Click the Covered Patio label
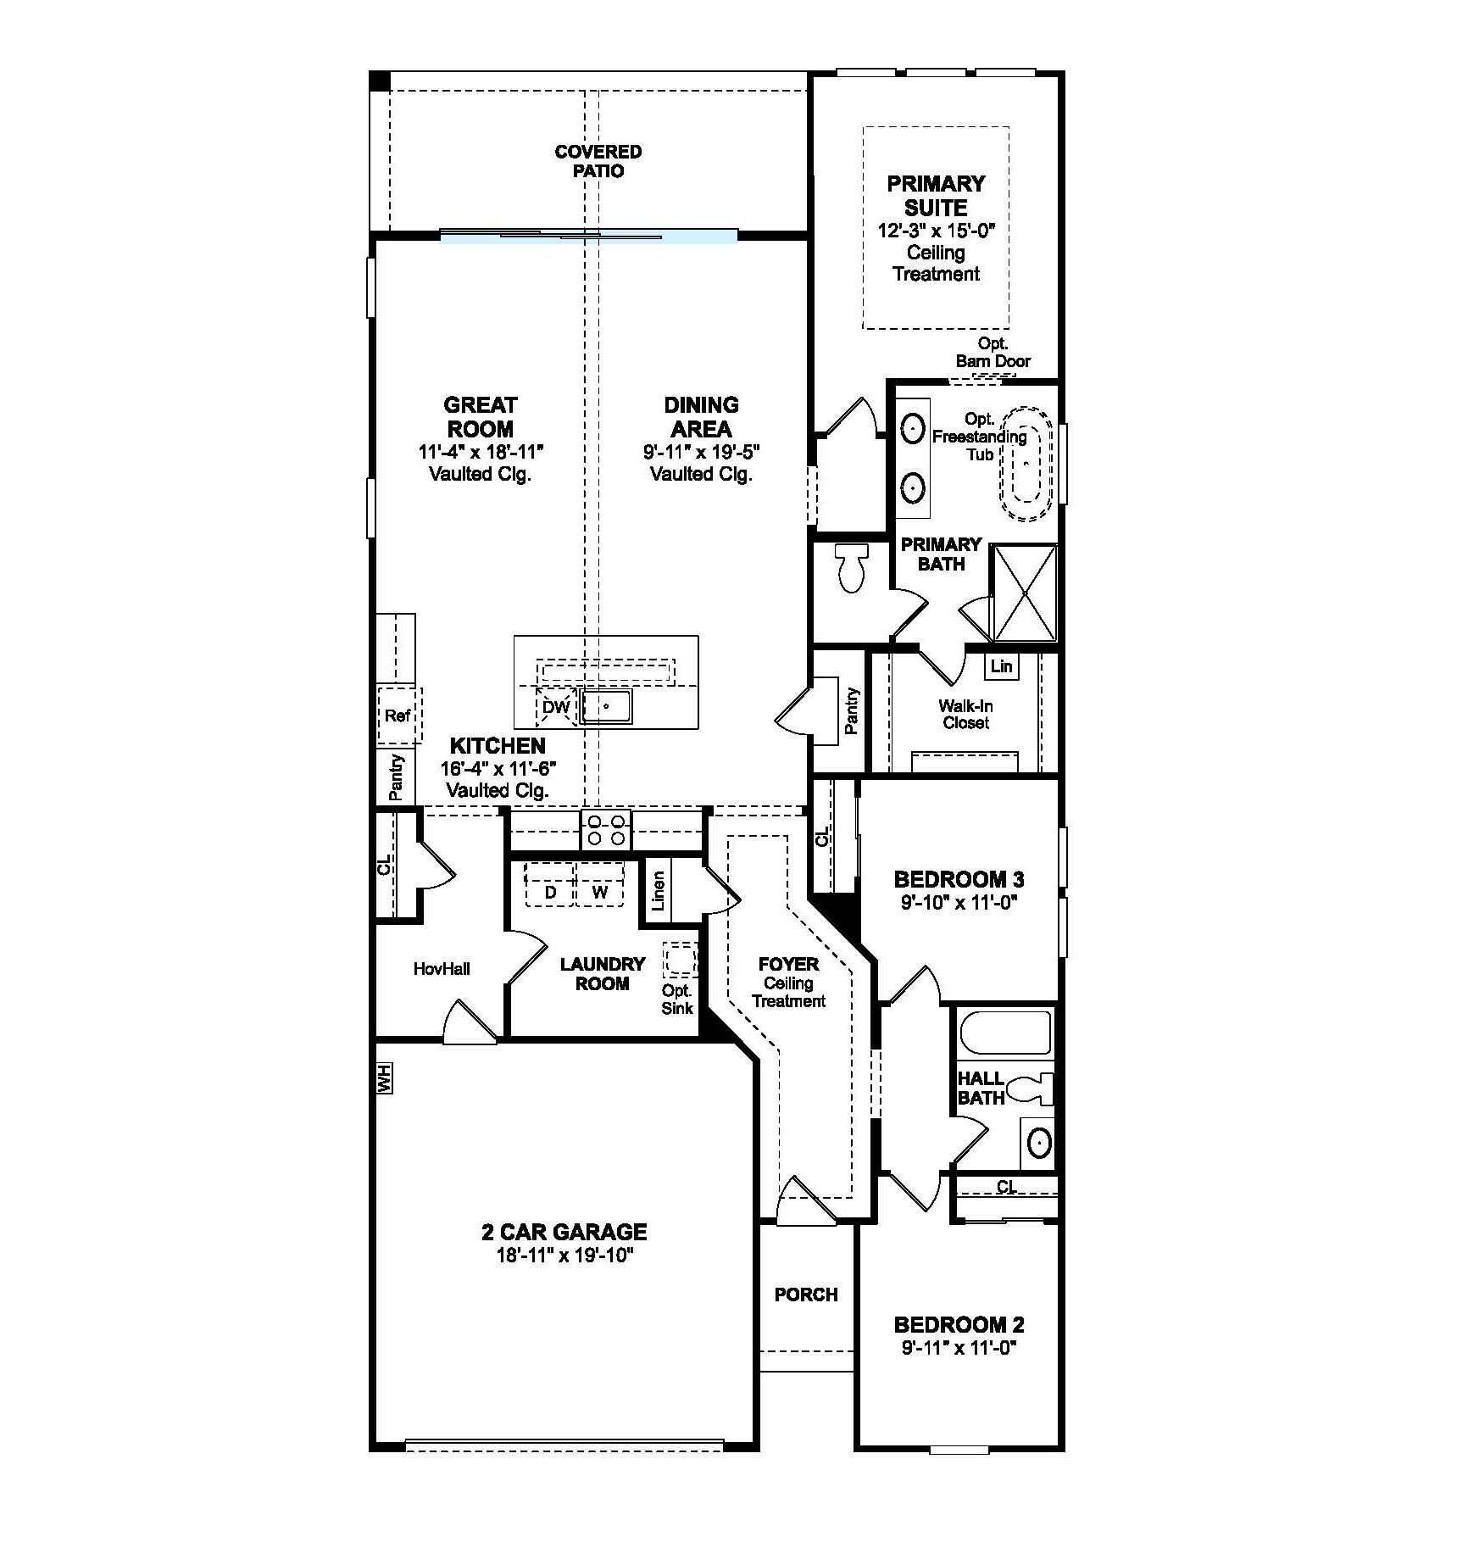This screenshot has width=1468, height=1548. point(598,161)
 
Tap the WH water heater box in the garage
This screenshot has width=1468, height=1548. point(384,1079)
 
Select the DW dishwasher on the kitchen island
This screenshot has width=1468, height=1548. point(556,706)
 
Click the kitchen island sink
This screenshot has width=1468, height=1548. point(606,706)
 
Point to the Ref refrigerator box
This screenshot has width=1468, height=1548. point(398,716)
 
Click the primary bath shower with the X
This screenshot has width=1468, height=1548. point(1025,593)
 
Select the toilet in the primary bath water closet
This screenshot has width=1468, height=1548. point(851,566)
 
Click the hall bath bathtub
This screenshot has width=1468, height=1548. point(1005,1032)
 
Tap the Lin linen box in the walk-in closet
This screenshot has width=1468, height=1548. point(1001,666)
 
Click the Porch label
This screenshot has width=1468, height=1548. point(805,1295)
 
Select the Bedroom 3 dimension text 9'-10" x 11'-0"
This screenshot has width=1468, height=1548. point(958,903)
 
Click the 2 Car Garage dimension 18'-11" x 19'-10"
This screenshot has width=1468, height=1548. point(564,1256)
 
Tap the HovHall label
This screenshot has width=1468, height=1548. point(442,968)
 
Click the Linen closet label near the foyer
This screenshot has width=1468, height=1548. point(659,890)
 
